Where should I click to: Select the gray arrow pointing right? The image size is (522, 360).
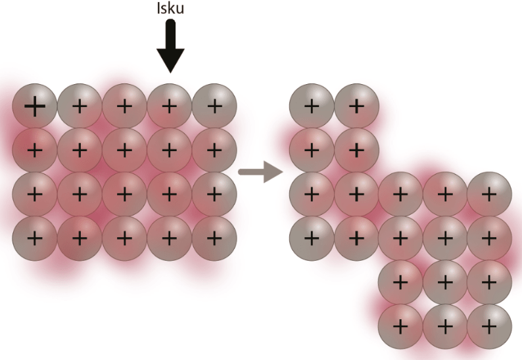tap(260, 173)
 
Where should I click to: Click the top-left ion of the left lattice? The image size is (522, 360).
tap(35, 105)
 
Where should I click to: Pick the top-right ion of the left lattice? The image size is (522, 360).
tap(214, 105)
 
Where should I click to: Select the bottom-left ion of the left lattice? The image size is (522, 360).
tap(35, 238)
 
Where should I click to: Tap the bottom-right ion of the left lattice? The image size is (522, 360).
tap(214, 238)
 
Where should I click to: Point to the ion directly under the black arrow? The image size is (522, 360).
tap(170, 105)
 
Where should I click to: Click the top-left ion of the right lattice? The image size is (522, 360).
tap(312, 105)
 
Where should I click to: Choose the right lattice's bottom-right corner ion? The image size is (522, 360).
tap(489, 326)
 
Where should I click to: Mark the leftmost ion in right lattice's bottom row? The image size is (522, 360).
tap(400, 326)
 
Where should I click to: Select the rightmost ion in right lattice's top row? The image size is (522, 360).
tap(356, 105)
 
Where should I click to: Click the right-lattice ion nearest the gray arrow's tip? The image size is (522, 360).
tap(312, 194)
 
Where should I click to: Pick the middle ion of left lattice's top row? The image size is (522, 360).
tap(125, 105)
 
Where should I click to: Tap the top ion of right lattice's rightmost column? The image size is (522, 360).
tap(489, 194)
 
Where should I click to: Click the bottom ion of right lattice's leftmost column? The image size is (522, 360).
tap(312, 238)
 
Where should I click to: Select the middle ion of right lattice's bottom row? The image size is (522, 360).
tap(445, 326)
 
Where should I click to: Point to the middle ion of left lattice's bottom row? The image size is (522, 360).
tap(125, 238)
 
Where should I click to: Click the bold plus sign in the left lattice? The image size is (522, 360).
tap(35, 105)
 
